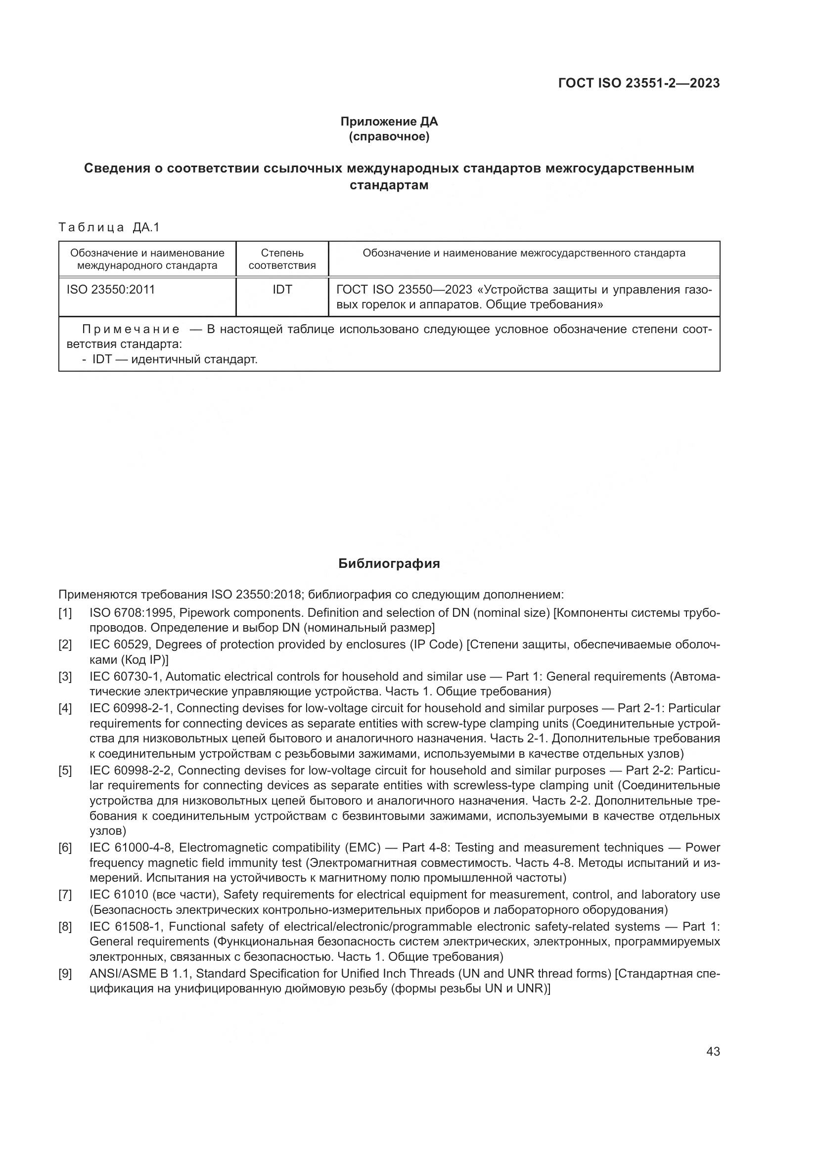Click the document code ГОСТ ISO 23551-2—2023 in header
pos(638,83)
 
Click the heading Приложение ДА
pos(389,122)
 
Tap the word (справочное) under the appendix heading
pos(389,137)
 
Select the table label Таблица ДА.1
pos(109,227)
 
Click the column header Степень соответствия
pos(282,259)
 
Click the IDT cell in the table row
pos(282,290)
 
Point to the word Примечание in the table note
pos(131,330)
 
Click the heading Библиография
pos(389,563)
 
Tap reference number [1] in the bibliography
pos(65,613)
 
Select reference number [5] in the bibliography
pos(65,771)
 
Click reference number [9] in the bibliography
pos(65,974)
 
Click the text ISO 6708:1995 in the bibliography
pos(131,613)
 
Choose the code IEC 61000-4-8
pos(131,848)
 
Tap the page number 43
pos(713,1052)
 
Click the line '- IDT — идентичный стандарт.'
pos(170,359)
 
